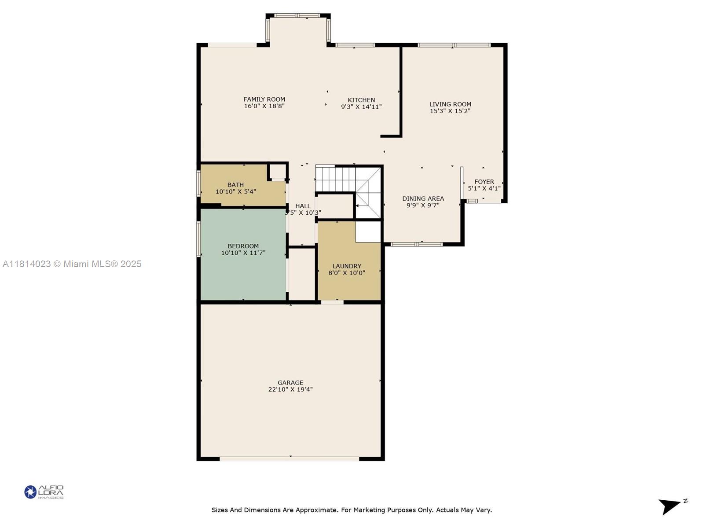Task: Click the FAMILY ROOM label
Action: (x=264, y=99)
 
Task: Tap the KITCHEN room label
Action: (x=361, y=100)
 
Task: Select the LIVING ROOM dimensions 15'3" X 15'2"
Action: (x=450, y=111)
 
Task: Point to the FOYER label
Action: (x=484, y=182)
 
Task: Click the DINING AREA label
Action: (x=423, y=199)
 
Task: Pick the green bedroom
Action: (x=243, y=255)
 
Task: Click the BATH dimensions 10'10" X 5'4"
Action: (x=236, y=192)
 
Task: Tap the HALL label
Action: (x=303, y=206)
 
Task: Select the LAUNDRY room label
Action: (x=347, y=266)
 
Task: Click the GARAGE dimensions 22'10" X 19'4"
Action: (x=290, y=389)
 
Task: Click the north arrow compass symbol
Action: (x=671, y=506)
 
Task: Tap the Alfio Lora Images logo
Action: (x=44, y=492)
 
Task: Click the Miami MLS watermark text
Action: (x=72, y=264)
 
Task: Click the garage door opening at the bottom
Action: (x=289, y=459)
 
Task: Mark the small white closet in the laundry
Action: (x=368, y=232)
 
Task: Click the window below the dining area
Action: (x=416, y=244)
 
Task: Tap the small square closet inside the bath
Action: (x=278, y=172)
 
